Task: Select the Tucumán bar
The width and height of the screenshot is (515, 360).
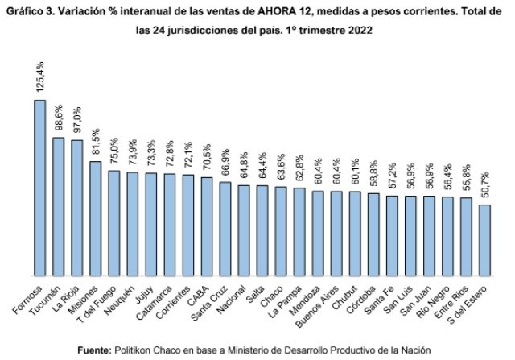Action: pos(59,205)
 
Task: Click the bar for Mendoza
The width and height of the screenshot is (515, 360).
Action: pos(318,233)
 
